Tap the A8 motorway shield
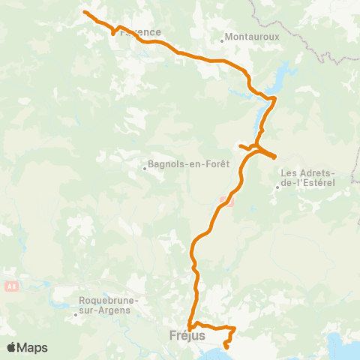(x=10, y=286)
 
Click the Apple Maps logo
(x=27, y=347)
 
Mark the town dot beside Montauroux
(x=223, y=40)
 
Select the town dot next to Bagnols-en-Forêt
(x=145, y=169)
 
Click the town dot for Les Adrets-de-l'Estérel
(x=277, y=187)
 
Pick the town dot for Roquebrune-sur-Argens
(x=76, y=315)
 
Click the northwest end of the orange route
(x=84, y=13)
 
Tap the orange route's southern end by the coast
(x=226, y=346)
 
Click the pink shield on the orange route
(x=225, y=201)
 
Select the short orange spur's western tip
(x=239, y=145)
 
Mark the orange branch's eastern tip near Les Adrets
(x=275, y=157)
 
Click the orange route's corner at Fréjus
(x=190, y=327)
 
